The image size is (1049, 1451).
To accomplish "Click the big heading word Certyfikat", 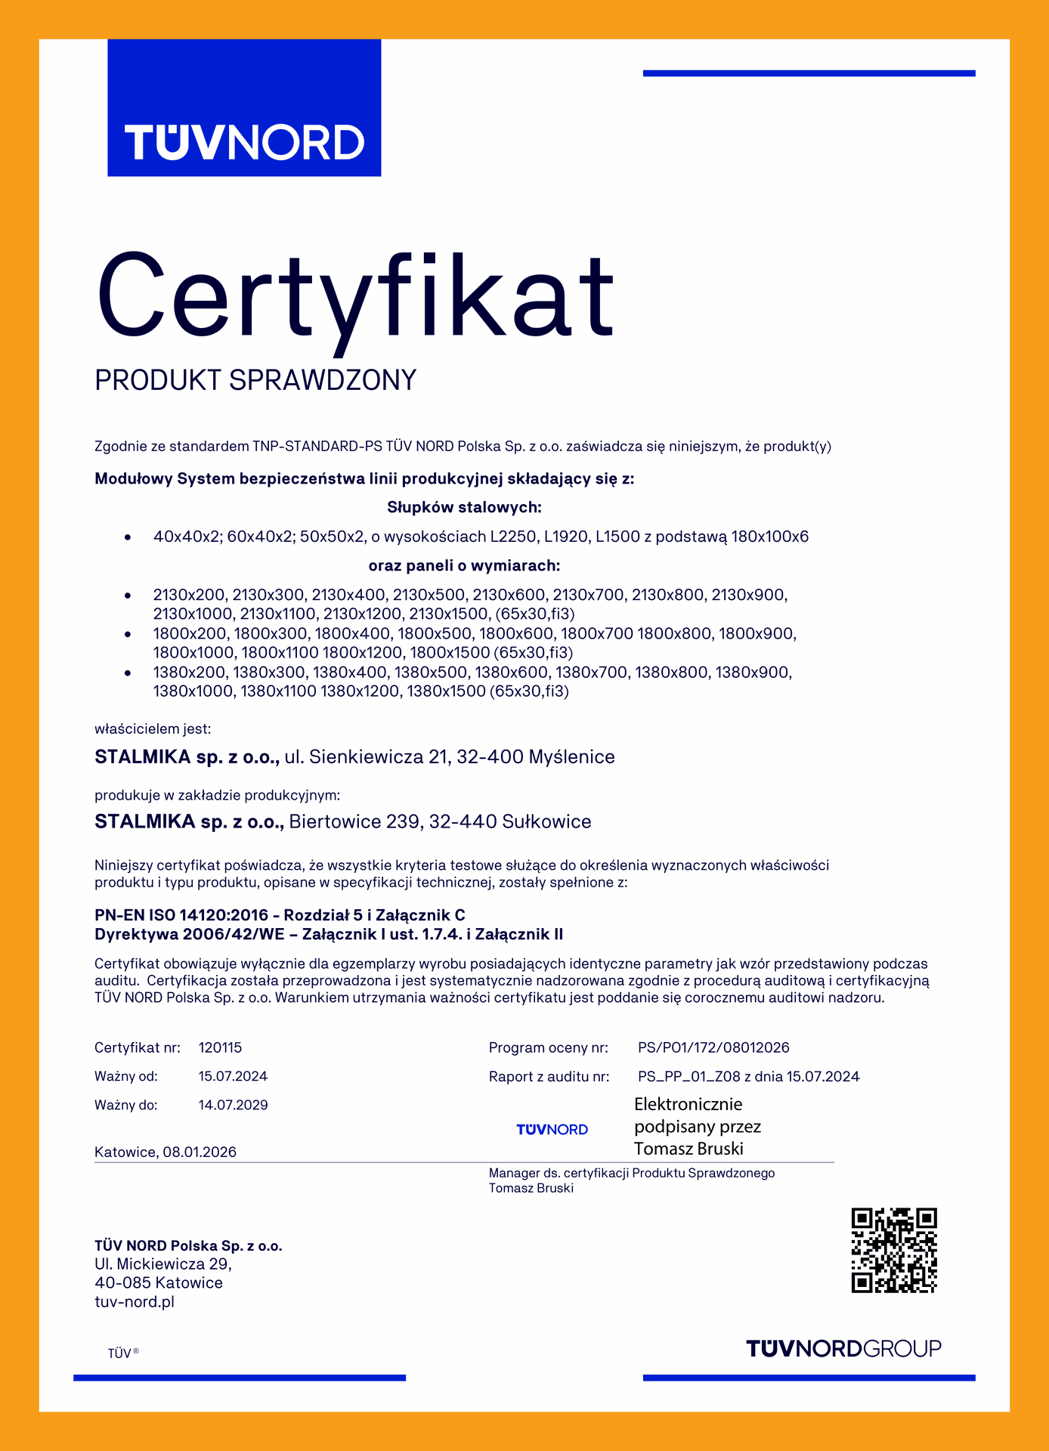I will coord(355,296).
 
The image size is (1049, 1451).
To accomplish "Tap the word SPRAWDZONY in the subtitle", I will coord(323,380).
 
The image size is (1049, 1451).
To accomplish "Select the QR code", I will coord(894,1250).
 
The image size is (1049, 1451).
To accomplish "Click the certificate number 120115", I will coord(220,1047).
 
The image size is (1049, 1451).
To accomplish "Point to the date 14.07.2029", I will coord(233,1105).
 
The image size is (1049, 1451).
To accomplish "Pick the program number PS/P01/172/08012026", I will coord(713,1047).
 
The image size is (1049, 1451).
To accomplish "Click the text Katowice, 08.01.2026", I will coord(166,1152).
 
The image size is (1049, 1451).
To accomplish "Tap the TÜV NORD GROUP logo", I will coord(843,1348).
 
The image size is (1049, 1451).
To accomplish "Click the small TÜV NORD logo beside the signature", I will coord(552,1129).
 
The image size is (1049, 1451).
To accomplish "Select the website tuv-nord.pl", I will coord(135,1301).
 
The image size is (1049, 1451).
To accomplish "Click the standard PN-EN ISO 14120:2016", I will coord(181,915).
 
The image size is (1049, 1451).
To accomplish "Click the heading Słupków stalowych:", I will coord(464,507).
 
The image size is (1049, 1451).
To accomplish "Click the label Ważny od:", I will coord(126,1076).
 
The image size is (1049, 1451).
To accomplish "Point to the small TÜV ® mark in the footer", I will coord(123,1353).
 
